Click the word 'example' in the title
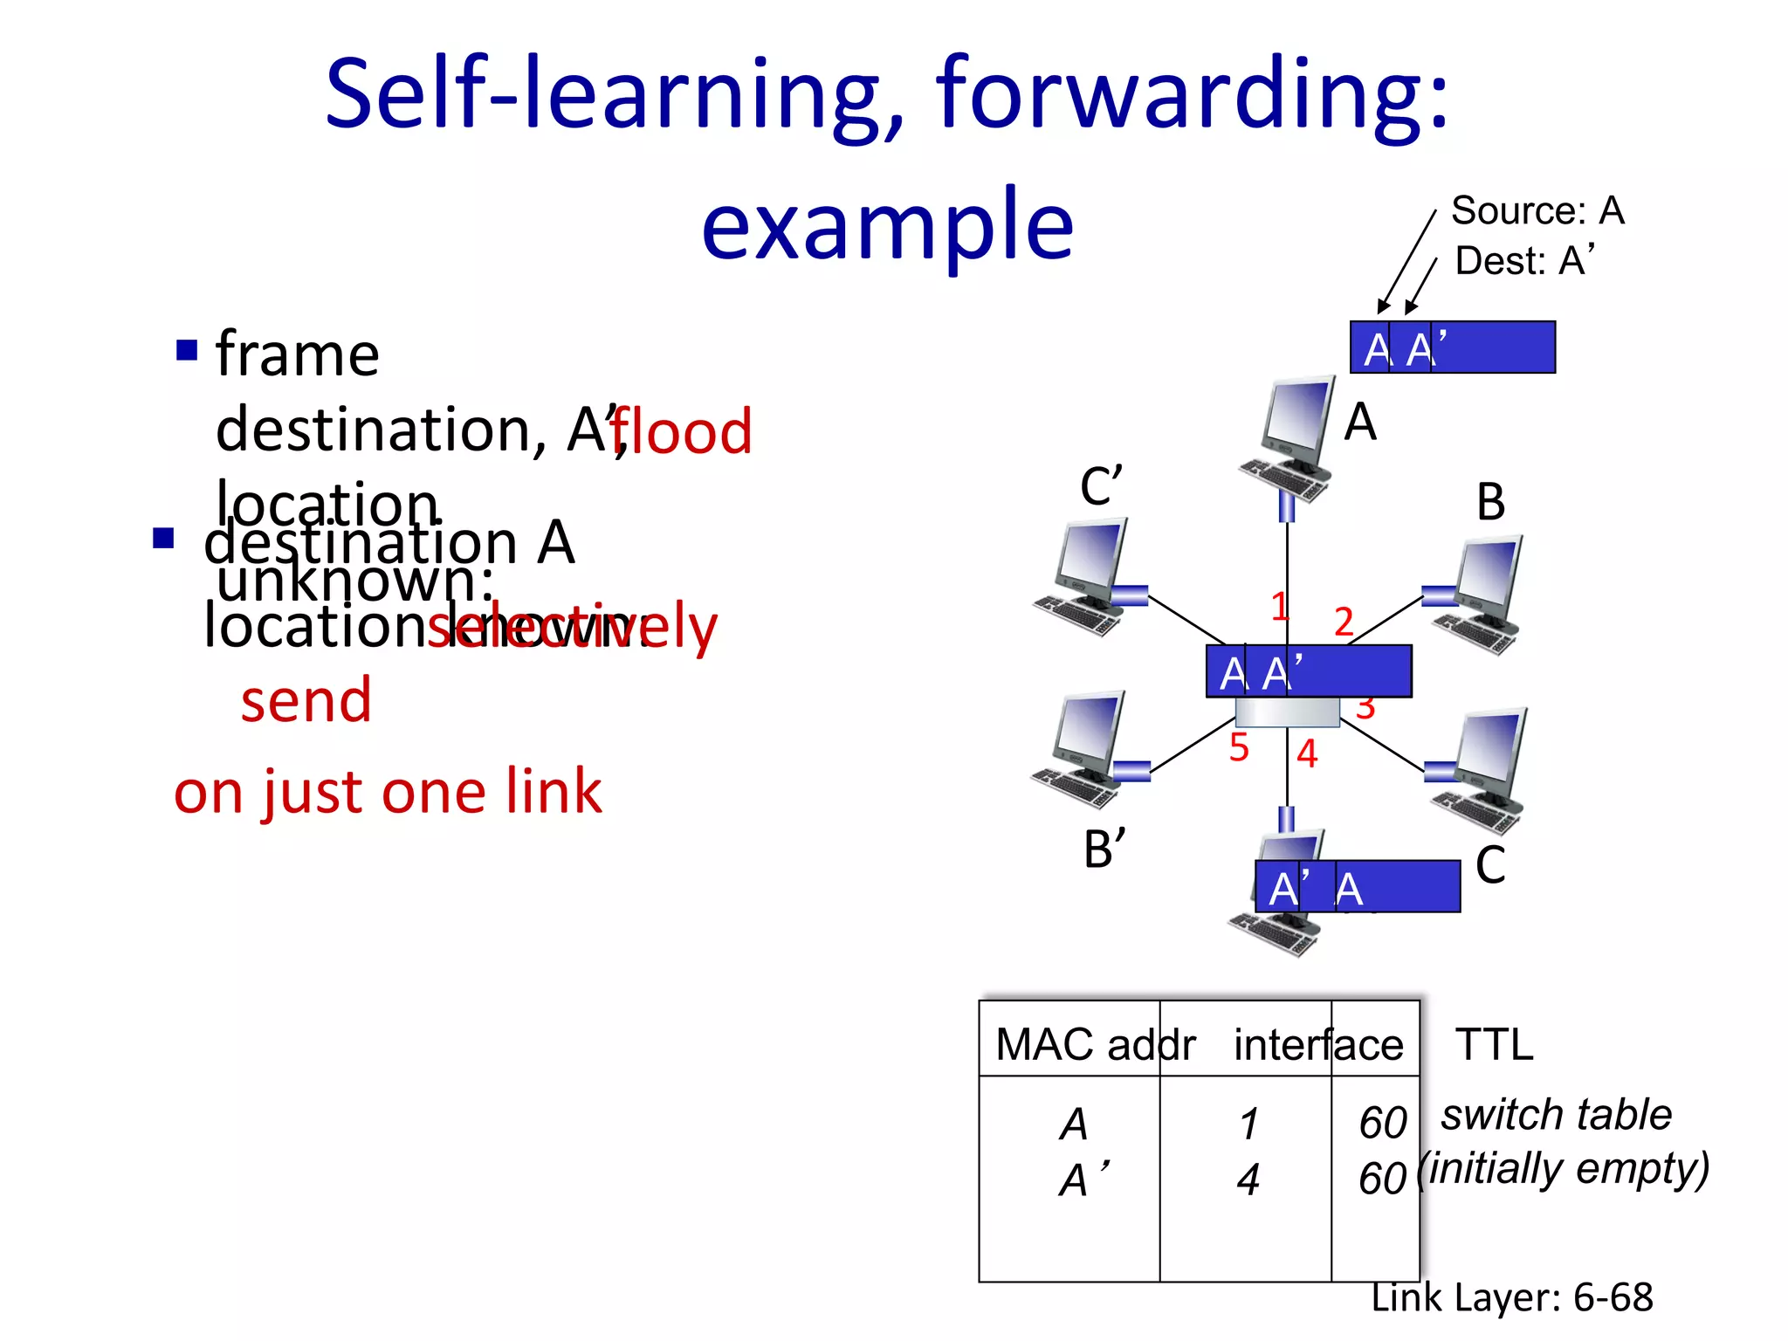(887, 225)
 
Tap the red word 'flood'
(681, 432)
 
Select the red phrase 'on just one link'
(388, 792)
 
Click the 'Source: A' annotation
(1537, 211)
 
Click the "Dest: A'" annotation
(1524, 261)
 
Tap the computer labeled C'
(1083, 577)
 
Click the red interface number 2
(1344, 622)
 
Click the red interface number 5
(1239, 748)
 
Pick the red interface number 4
(1306, 753)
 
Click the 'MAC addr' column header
(1095, 1045)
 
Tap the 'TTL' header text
(1494, 1045)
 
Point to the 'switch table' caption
(1556, 1115)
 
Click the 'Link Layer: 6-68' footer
(1511, 1297)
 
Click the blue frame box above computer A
(1452, 347)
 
